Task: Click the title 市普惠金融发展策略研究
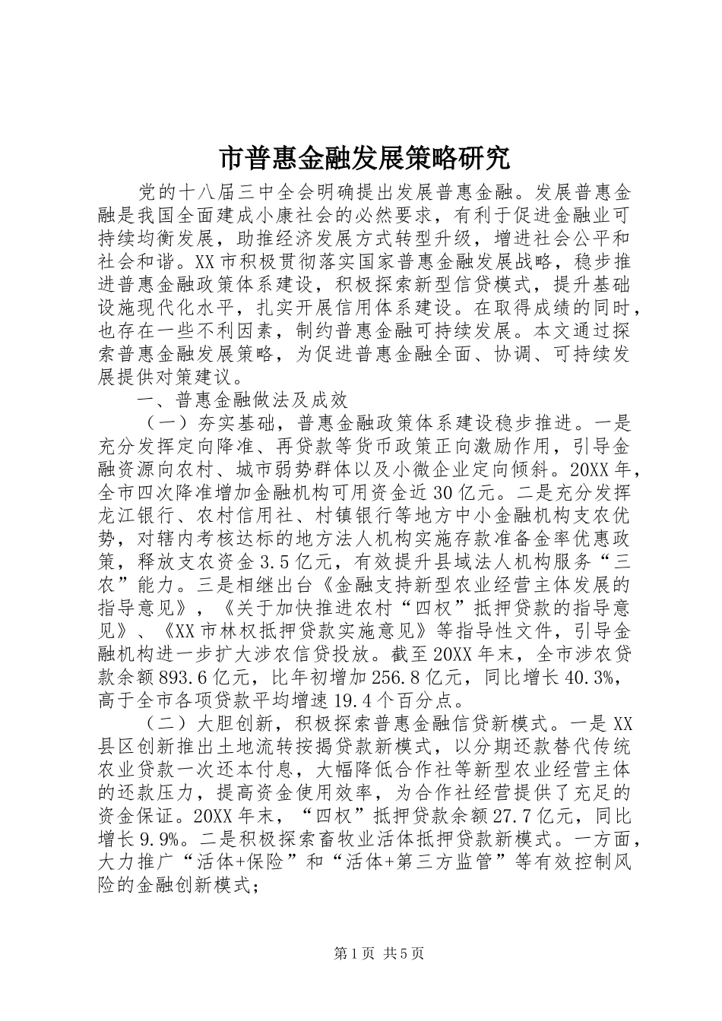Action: click(x=361, y=160)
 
